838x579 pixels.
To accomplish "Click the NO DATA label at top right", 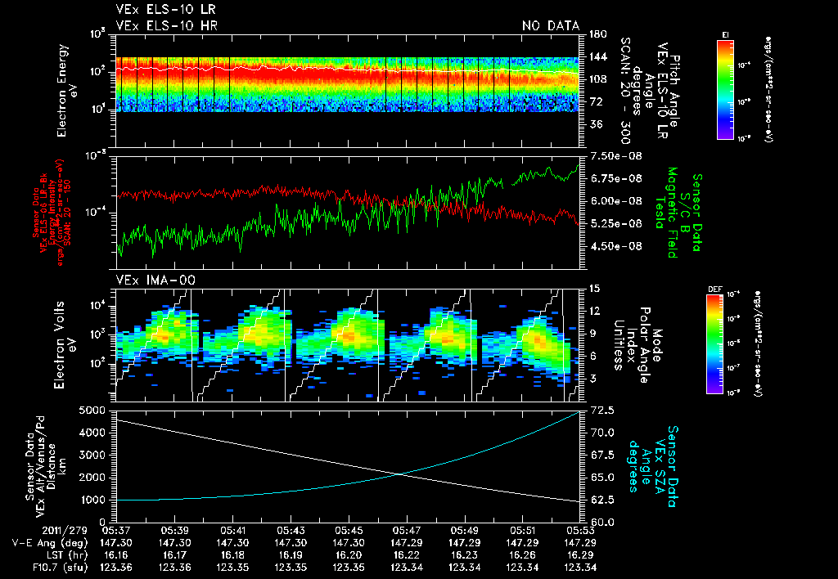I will click(x=550, y=25).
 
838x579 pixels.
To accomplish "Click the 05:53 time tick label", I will click(x=582, y=530).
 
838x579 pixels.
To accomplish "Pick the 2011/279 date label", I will click(x=33, y=530).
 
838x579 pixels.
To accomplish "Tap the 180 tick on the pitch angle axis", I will click(x=596, y=34).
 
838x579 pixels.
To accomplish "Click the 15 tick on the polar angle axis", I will click(x=594, y=289).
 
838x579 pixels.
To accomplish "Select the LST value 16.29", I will click(x=582, y=554).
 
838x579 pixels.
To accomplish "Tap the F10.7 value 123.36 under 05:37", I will click(x=115, y=567).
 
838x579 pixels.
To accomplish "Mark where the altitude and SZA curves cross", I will click(x=400, y=474).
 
